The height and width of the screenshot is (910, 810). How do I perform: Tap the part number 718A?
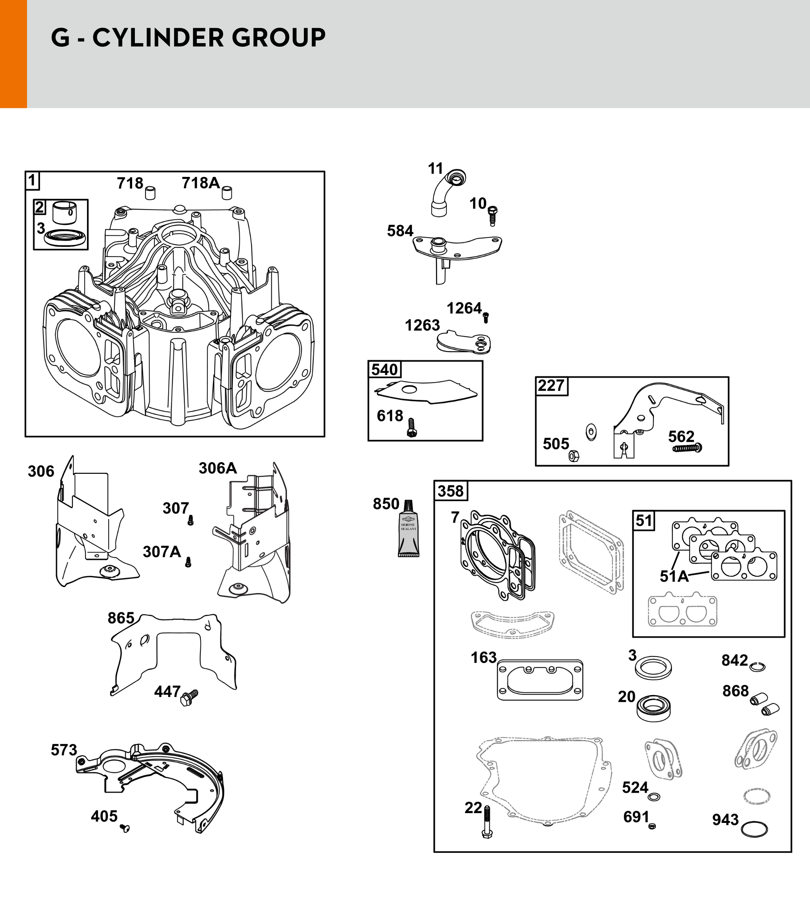pyautogui.click(x=200, y=183)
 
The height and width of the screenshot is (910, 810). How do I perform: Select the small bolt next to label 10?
pyautogui.click(x=492, y=216)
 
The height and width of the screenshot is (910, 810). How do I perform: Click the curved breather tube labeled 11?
pyautogui.click(x=447, y=193)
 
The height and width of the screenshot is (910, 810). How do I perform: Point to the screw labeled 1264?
pyautogui.click(x=485, y=317)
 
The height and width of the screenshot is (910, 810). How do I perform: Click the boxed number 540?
pyautogui.click(x=385, y=369)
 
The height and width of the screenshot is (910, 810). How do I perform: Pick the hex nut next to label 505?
pyautogui.click(x=574, y=456)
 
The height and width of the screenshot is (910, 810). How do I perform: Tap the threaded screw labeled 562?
pyautogui.click(x=687, y=448)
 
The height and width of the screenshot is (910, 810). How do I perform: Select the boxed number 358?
pyautogui.click(x=450, y=491)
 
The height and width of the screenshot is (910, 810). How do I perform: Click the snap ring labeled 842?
pyautogui.click(x=757, y=667)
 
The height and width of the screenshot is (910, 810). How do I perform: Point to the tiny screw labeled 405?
pyautogui.click(x=125, y=828)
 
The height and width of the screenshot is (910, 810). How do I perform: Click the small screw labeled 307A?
pyautogui.click(x=188, y=562)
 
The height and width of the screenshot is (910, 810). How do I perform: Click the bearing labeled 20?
pyautogui.click(x=653, y=708)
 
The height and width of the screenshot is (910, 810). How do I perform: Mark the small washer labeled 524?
pyautogui.click(x=654, y=797)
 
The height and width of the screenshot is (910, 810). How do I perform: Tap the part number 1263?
pyautogui.click(x=422, y=326)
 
